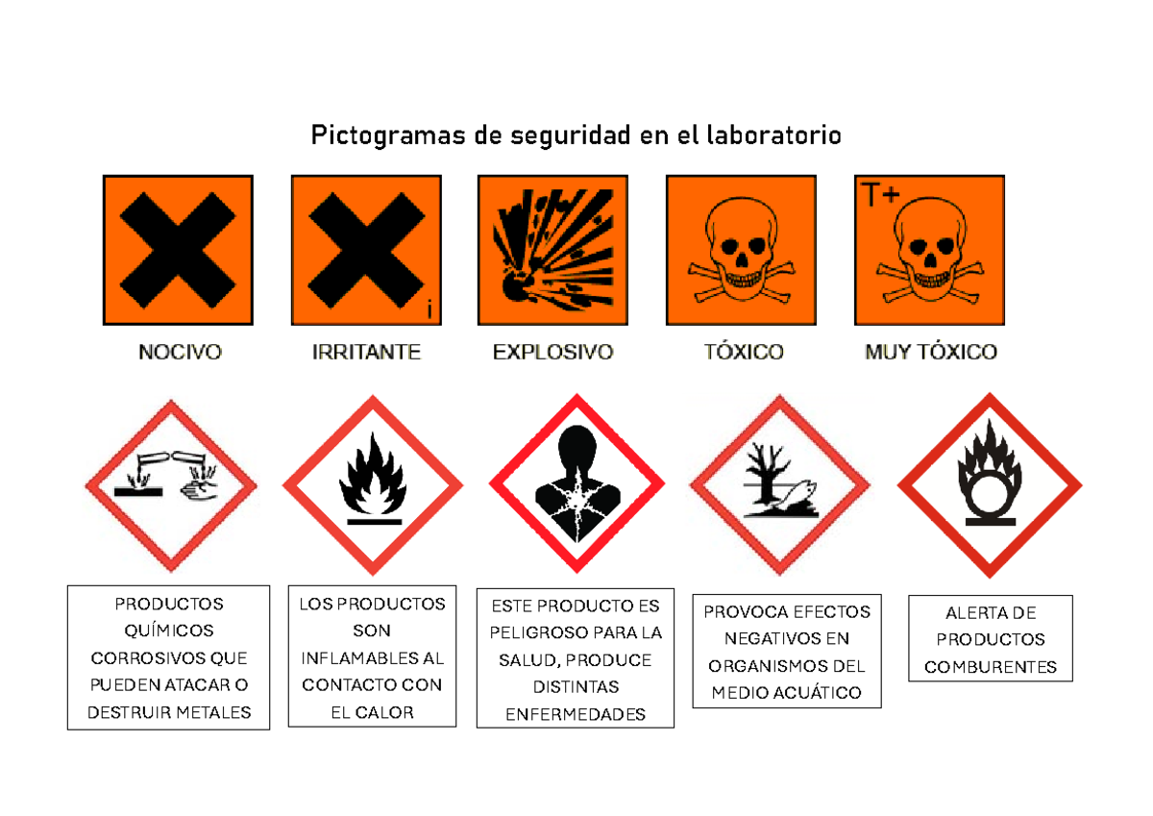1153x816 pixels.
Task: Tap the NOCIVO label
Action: (x=180, y=353)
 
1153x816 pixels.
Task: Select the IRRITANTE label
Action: (x=366, y=353)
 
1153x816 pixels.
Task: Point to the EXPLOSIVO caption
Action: (x=552, y=353)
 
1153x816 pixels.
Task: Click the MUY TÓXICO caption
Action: (x=930, y=353)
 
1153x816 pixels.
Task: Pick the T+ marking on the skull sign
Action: (x=879, y=196)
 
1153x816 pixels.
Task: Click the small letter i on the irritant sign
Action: (x=429, y=309)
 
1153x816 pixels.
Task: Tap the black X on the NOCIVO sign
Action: (x=178, y=250)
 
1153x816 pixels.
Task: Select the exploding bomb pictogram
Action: (x=552, y=250)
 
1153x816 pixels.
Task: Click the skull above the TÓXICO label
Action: (x=741, y=245)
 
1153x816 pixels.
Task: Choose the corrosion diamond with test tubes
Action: (x=171, y=484)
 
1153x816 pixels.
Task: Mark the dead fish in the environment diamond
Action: (x=797, y=493)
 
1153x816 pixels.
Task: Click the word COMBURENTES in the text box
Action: (x=991, y=667)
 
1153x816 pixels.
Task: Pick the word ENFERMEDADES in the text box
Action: (x=576, y=714)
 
